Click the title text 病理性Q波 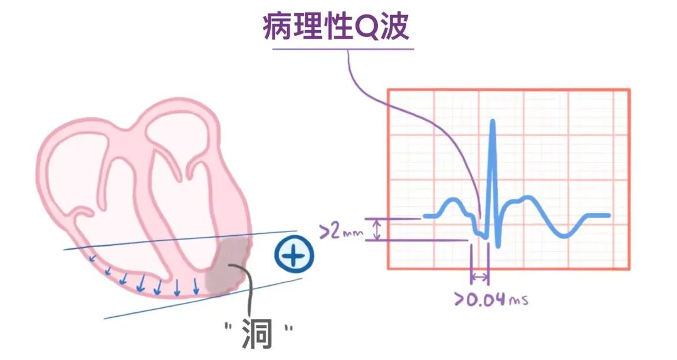pos(336,26)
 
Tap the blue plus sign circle pos(294,256)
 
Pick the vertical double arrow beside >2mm pos(377,230)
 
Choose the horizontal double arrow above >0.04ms pos(480,276)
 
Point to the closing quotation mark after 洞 pos(288,327)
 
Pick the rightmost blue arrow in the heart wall pos(196,287)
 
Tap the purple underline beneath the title pos(338,48)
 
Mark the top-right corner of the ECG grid pos(629,90)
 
